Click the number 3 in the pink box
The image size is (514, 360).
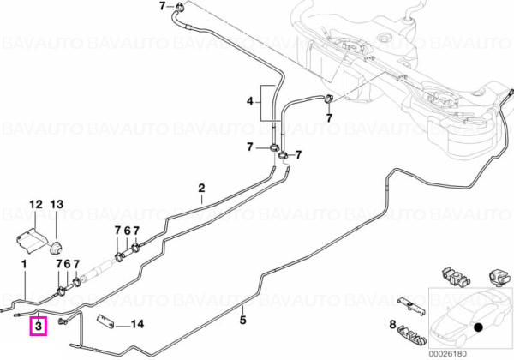click(x=39, y=326)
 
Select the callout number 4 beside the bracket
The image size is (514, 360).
click(x=250, y=102)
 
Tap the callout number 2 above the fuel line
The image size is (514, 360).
click(x=201, y=189)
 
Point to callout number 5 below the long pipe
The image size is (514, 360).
click(x=242, y=320)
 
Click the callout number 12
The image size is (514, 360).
click(x=36, y=205)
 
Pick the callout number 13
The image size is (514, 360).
click(x=57, y=205)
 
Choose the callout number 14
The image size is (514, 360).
click(x=137, y=324)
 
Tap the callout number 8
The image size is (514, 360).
click(x=392, y=325)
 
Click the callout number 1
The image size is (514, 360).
click(x=24, y=264)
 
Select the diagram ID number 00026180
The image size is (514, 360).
click(x=447, y=354)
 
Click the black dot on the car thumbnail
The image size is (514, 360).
click(x=479, y=327)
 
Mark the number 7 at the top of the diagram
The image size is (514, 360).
click(x=163, y=6)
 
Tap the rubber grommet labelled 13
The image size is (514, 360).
click(x=56, y=248)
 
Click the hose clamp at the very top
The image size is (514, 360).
click(x=180, y=6)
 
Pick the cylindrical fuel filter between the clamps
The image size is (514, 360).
click(x=98, y=271)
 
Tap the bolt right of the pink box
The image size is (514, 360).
click(x=63, y=321)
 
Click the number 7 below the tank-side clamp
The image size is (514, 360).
click(x=329, y=117)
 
